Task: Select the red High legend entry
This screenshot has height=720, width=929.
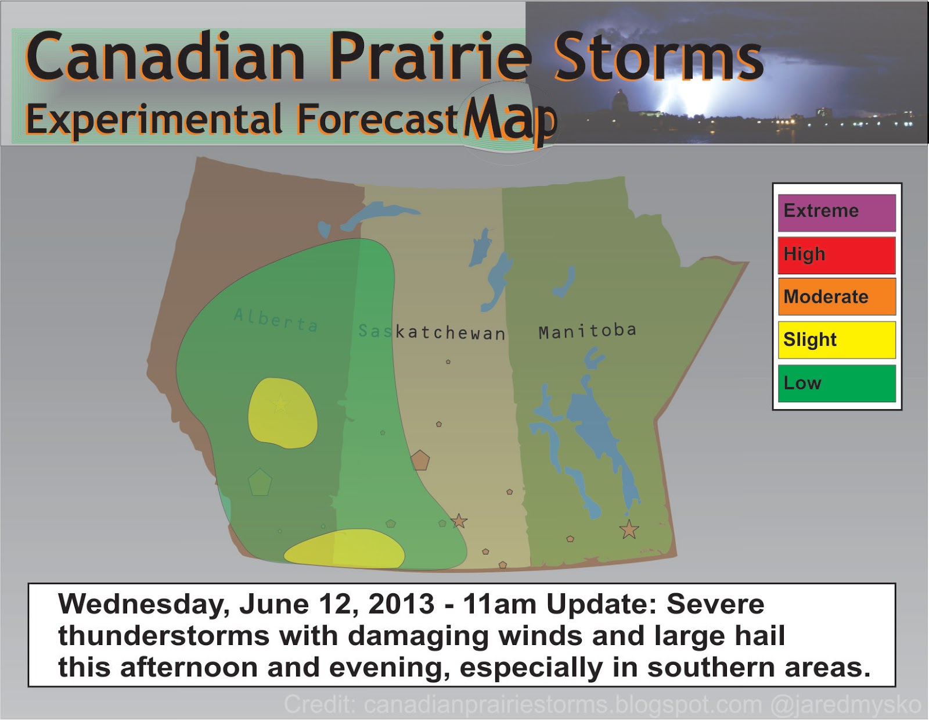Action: [837, 255]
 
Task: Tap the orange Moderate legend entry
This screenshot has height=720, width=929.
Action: [837, 297]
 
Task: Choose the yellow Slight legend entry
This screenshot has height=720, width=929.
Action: [837, 340]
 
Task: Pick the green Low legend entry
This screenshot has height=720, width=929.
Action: [837, 383]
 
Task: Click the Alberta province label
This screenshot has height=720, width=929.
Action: [276, 320]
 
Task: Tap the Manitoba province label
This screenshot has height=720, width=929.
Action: [587, 331]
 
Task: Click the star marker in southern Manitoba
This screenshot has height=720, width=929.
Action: [629, 529]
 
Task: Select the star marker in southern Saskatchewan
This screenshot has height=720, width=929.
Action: [459, 521]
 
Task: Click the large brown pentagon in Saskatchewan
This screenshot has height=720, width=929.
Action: [420, 460]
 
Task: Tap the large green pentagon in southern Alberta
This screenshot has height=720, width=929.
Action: [260, 482]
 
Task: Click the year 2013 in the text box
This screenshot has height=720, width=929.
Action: [401, 604]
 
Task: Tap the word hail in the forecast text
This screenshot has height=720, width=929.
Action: [759, 636]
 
